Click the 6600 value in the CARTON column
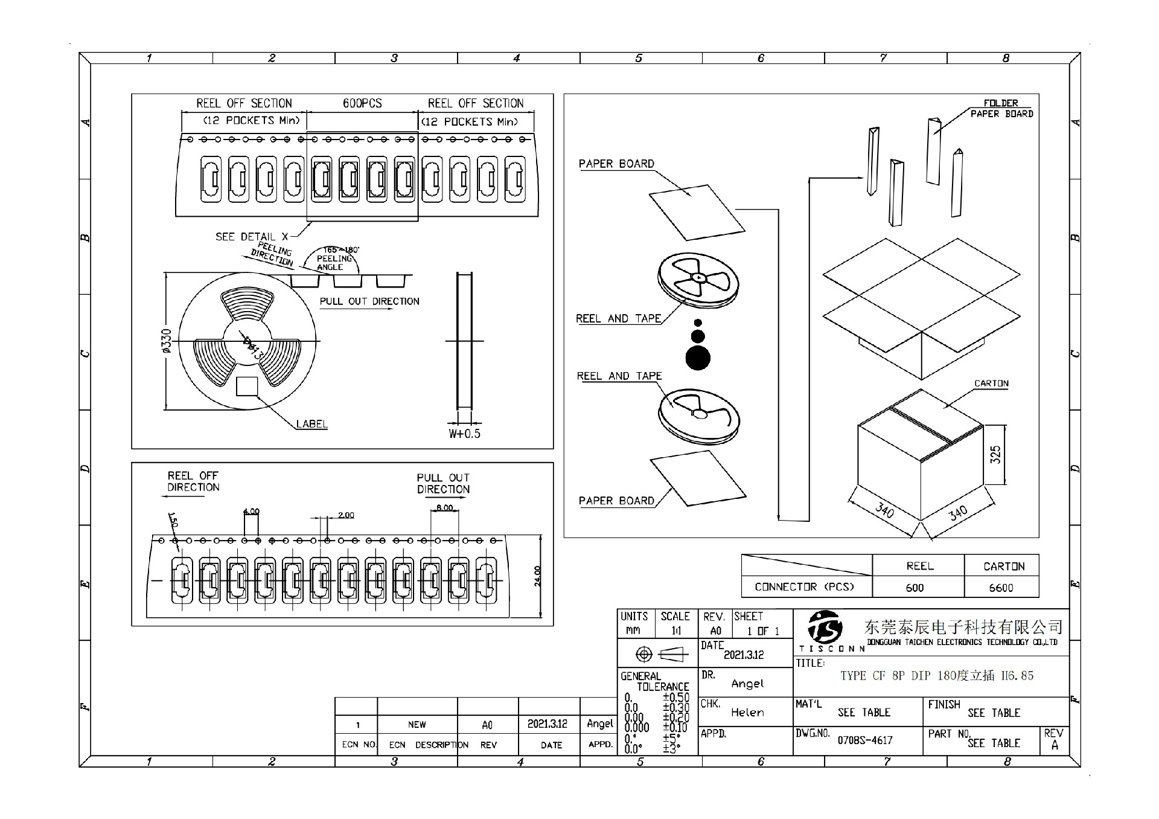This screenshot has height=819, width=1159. pyautogui.click(x=1001, y=588)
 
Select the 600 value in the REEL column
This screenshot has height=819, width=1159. pyautogui.click(x=915, y=588)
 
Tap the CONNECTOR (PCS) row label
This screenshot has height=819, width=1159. pyautogui.click(x=805, y=586)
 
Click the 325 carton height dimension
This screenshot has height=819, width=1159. pyautogui.click(x=995, y=454)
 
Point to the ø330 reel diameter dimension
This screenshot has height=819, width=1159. pyautogui.click(x=167, y=341)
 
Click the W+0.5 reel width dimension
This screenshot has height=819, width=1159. pyautogui.click(x=464, y=434)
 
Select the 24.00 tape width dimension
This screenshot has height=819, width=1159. pyautogui.click(x=537, y=576)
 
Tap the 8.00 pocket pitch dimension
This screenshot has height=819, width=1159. pyautogui.click(x=444, y=507)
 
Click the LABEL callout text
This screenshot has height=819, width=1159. pyautogui.click(x=311, y=424)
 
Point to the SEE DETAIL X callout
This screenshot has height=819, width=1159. pyautogui.click(x=252, y=237)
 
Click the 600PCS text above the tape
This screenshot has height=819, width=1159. pyautogui.click(x=362, y=103)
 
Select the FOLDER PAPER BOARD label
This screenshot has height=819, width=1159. pyautogui.click(x=1001, y=108)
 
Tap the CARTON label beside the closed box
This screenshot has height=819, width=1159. pyautogui.click(x=991, y=384)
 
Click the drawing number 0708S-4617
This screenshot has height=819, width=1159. pyautogui.click(x=865, y=740)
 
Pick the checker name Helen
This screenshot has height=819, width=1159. pyautogui.click(x=747, y=713)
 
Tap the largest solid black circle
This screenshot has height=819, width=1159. pyautogui.click(x=698, y=358)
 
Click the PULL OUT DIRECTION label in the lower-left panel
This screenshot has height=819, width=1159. pyautogui.click(x=443, y=483)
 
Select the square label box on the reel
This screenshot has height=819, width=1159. pyautogui.click(x=247, y=387)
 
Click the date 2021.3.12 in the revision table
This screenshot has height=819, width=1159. pyautogui.click(x=547, y=724)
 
